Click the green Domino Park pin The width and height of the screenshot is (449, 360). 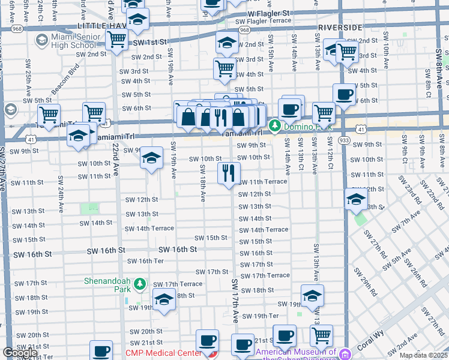point(275,126)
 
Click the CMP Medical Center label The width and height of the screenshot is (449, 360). point(164,353)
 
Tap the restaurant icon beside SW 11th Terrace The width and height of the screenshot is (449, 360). point(228,174)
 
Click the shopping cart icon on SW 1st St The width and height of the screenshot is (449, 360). point(116,40)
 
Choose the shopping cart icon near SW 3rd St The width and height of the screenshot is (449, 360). point(224,68)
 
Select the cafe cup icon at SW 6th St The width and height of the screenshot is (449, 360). point(345,95)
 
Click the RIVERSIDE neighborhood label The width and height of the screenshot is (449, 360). point(340,28)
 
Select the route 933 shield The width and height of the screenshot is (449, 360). point(343,139)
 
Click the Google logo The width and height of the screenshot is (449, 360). point(20,353)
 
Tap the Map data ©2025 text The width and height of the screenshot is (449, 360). point(423,355)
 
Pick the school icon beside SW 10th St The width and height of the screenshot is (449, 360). point(151,159)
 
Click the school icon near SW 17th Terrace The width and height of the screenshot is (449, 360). point(163,299)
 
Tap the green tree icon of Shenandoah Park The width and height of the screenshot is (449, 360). point(140,283)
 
